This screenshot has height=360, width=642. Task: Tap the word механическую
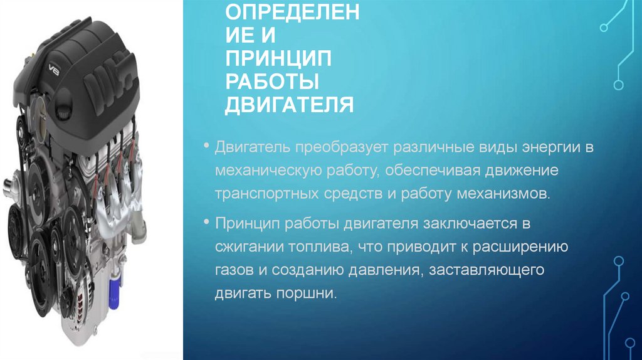[x=270, y=171]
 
